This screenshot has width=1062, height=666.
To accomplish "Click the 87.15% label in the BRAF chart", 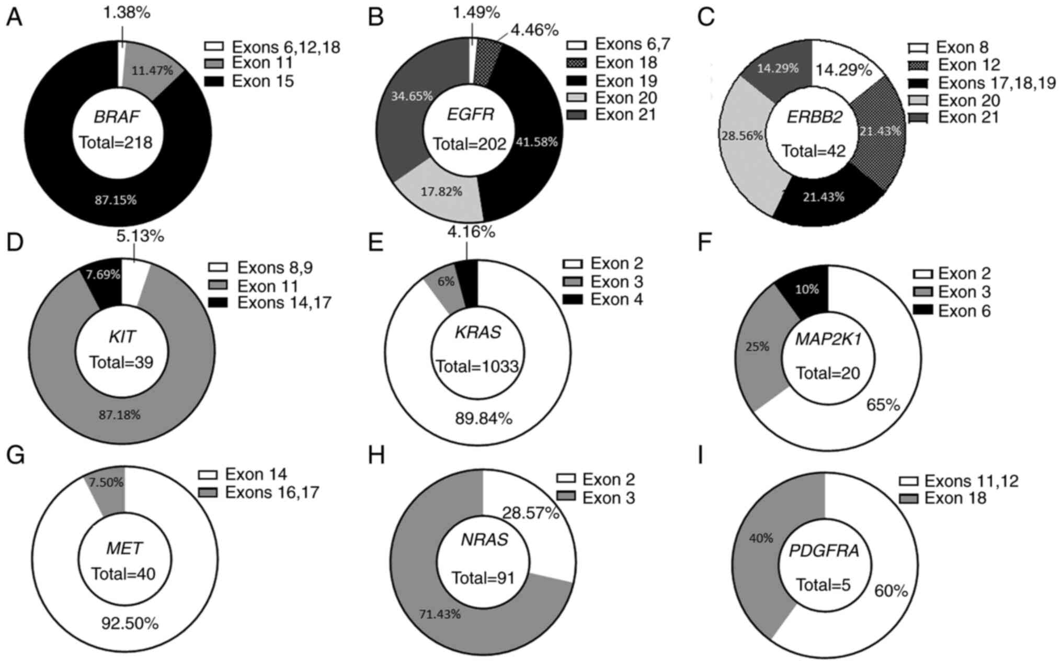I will pyautogui.click(x=116, y=200).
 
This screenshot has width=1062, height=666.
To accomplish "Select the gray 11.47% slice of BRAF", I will pyautogui.click(x=152, y=70).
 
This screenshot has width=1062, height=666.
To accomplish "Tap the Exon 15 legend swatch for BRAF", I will pyautogui.click(x=214, y=82).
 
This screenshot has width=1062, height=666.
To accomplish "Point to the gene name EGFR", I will pyautogui.click(x=470, y=114).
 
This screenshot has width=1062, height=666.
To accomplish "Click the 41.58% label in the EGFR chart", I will pyautogui.click(x=536, y=142).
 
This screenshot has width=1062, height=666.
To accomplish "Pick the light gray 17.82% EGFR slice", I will pyautogui.click(x=441, y=192).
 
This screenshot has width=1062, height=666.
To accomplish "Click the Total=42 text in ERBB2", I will pyautogui.click(x=814, y=151).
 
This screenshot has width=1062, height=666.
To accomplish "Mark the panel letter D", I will pyautogui.click(x=15, y=243).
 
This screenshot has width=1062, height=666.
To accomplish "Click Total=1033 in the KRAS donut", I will pyautogui.click(x=477, y=366).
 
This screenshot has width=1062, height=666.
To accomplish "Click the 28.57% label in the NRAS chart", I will pyautogui.click(x=531, y=513).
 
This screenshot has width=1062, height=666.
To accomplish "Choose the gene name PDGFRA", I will pyautogui.click(x=824, y=550).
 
